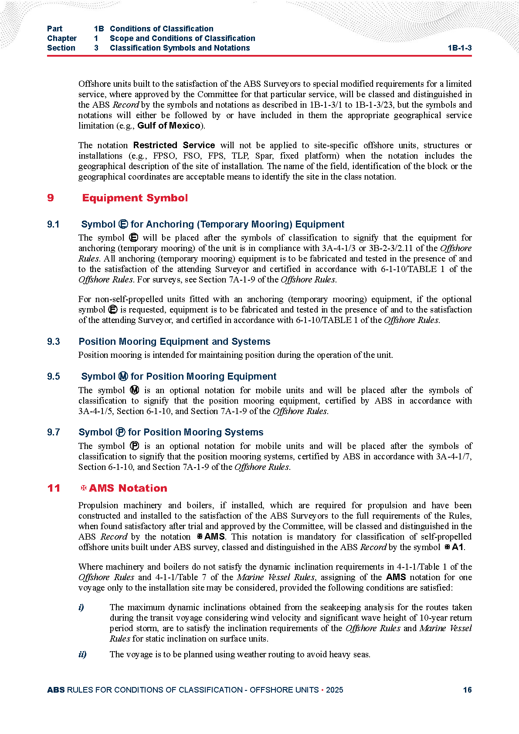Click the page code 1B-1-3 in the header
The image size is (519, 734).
pos(459,48)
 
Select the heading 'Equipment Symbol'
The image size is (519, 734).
pos(135,198)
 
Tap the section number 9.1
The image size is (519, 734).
pos(53,224)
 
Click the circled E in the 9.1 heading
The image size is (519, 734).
pos(123,224)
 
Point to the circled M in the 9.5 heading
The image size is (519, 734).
pos(123,377)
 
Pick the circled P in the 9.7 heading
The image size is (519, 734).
pos(121,432)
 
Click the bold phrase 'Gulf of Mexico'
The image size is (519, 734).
pos(169,126)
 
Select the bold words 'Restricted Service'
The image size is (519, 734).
pos(174,145)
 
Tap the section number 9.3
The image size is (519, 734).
pos(53,342)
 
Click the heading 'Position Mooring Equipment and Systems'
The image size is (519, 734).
pos(174,342)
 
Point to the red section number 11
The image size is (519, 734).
pos(54,488)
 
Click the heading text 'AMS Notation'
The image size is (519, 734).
pos(128,488)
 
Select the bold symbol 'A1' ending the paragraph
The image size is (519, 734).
pos(458,547)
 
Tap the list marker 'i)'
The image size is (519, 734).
pos(81,607)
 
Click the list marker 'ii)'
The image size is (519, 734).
pos(82,654)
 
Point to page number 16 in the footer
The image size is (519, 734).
pos(467,690)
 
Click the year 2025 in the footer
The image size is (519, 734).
pos(334,690)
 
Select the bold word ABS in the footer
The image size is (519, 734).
pos(56,690)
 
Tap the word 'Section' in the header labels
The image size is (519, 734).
pos(61,48)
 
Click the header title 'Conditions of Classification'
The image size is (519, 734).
pos(161,29)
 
